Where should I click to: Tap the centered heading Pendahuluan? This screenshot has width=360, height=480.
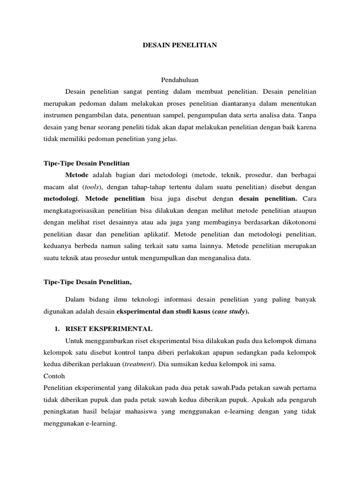[180, 80]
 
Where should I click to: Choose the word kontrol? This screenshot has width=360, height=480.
[126, 352]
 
